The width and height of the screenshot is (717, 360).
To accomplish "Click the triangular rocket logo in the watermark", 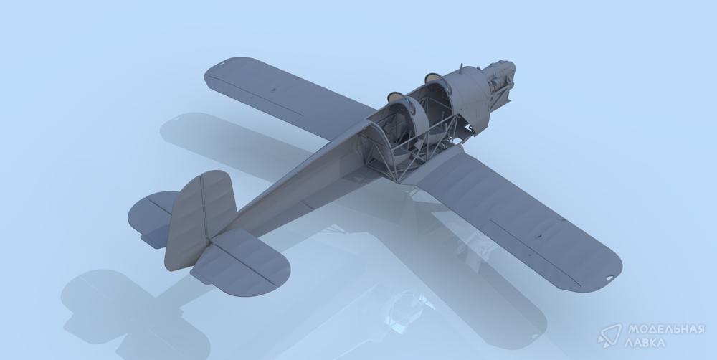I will click(610, 336).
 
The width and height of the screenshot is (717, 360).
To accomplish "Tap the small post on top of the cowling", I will click(457, 70).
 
